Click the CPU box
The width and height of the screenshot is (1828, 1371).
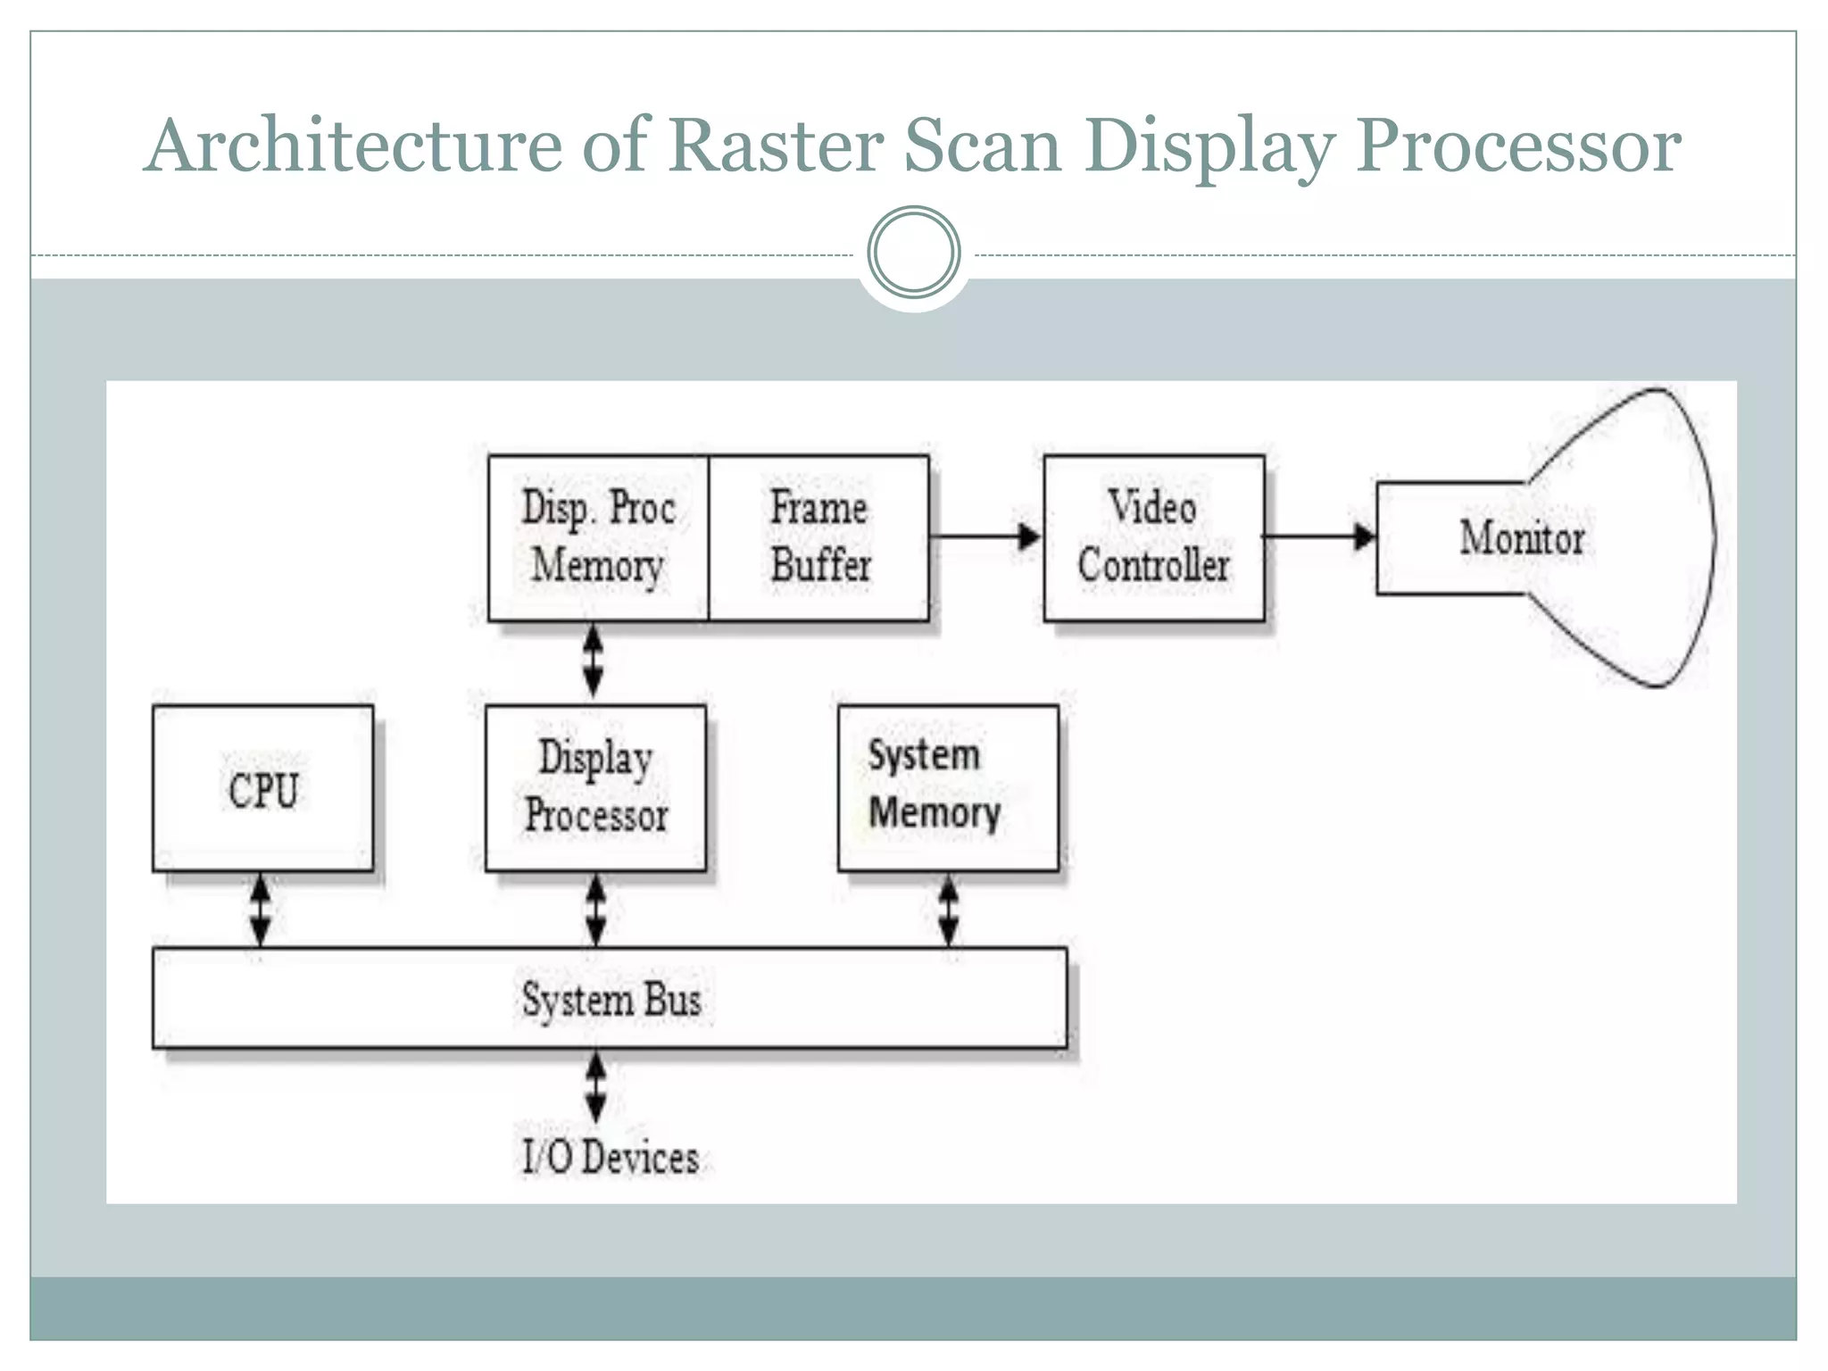262,788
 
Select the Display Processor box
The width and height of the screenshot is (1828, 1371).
595,788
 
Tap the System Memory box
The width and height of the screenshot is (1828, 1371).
948,788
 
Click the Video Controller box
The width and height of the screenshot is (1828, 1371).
1153,538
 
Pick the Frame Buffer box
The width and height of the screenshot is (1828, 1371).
818,538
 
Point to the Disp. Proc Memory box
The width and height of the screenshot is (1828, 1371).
598,538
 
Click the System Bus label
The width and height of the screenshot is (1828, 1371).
611,999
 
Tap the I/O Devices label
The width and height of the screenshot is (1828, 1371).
611,1158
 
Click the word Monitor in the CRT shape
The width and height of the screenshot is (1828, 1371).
1522,538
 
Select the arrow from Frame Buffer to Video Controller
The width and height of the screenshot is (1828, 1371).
985,536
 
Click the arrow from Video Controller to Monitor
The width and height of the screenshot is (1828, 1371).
1319,536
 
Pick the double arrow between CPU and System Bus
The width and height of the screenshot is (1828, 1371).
260,910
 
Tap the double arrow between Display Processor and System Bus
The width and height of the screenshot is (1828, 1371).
595,910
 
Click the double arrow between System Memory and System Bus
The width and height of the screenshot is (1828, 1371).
949,910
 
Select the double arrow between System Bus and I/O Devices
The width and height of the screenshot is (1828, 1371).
595,1086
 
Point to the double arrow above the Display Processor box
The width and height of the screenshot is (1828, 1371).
593,661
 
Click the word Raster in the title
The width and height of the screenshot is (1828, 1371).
776,145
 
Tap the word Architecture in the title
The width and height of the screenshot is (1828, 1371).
353,145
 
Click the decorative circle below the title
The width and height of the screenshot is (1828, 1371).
914,253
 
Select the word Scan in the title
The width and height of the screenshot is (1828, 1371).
982,145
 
